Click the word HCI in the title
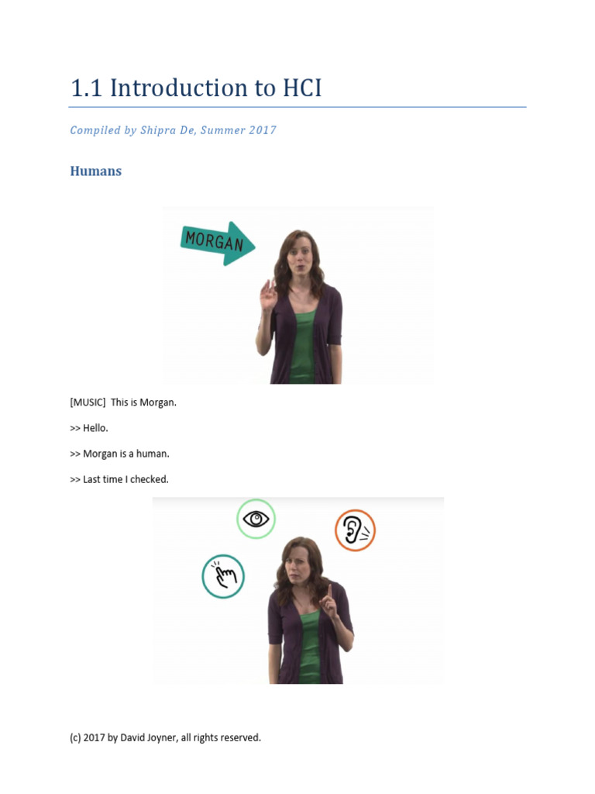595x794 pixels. point(298,88)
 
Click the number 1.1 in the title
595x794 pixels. point(87,88)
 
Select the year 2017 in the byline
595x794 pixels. point(263,130)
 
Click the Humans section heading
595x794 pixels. point(96,171)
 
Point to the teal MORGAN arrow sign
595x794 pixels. point(216,243)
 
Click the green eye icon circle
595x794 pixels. point(256,519)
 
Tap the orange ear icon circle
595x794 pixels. point(355,530)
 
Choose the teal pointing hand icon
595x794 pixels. point(223,576)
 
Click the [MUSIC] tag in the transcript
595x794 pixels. point(88,402)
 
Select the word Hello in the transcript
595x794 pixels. point(96,428)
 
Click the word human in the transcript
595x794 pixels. point(154,454)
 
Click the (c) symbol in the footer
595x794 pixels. point(75,737)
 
